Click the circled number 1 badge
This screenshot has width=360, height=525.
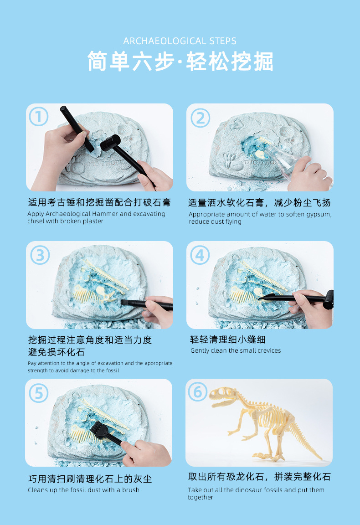coord(39,117)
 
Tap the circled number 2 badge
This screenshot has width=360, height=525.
coord(200,118)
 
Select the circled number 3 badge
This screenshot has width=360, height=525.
coord(40,255)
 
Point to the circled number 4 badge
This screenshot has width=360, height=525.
coord(200,255)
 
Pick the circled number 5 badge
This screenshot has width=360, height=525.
coord(39,393)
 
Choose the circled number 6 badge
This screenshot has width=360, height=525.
coord(198,392)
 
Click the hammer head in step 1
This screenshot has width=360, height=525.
coord(111,143)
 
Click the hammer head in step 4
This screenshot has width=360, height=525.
coord(328,300)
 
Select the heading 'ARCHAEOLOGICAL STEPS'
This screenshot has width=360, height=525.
coord(180,41)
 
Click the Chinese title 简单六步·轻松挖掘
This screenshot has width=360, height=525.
coord(180,61)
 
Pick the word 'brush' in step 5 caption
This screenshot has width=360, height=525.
coord(131,490)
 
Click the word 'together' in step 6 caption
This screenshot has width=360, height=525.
coord(200,498)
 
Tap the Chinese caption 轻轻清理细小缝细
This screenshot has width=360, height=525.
coord(228,340)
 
